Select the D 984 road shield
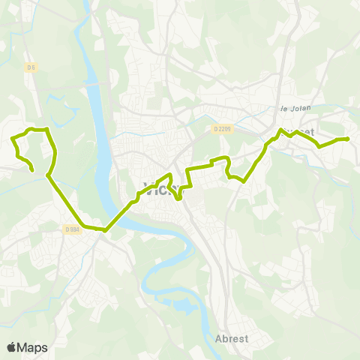click(72, 229)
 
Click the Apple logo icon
click(11, 347)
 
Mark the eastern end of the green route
click(348, 139)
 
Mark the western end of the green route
click(33, 171)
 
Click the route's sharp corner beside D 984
click(104, 230)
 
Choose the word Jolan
click(300, 108)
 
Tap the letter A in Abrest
click(218, 337)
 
